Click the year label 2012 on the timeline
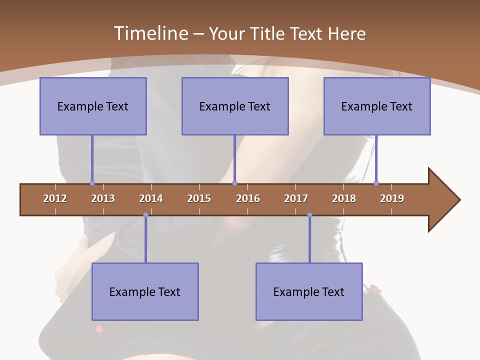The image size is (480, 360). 55,198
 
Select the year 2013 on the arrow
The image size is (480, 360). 103,198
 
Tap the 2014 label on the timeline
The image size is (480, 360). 151,198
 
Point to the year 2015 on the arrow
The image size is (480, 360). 199,198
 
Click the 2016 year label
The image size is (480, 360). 248,198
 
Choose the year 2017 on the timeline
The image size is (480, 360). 296,198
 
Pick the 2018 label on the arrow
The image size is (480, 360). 344,198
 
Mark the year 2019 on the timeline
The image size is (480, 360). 392,198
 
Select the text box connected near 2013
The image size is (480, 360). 93,106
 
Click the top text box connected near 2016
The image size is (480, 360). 235,106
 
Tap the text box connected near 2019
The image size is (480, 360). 377,106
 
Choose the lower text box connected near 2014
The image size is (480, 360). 145,291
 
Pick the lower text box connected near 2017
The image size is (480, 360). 309,291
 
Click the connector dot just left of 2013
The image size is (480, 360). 92,183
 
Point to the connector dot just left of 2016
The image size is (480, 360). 234,183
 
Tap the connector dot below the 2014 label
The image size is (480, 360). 145,215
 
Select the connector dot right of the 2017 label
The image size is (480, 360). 309,215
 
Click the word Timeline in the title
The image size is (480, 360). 150,33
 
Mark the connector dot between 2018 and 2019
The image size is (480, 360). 376,183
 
